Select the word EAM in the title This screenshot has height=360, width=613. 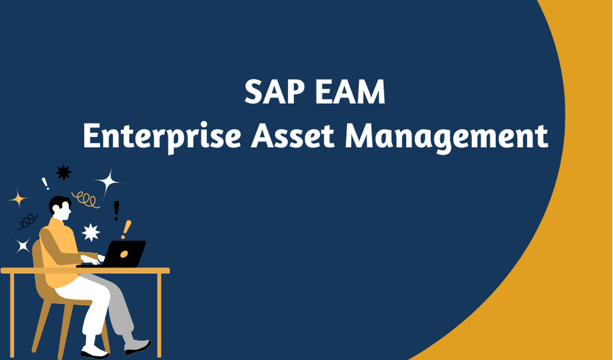[x=350, y=92]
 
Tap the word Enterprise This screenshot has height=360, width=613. [x=162, y=137]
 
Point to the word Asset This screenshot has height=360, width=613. [x=292, y=137]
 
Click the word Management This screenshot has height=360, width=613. [x=446, y=137]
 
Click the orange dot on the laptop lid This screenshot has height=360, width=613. [x=124, y=254]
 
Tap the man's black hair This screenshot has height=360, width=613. [x=59, y=203]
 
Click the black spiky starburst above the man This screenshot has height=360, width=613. [x=63, y=173]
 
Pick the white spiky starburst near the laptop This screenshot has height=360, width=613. [x=91, y=232]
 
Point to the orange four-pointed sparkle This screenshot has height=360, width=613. [x=18, y=200]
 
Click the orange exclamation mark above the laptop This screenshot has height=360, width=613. [x=126, y=229]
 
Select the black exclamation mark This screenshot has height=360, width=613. [x=116, y=211]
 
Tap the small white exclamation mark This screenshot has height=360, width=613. [x=45, y=184]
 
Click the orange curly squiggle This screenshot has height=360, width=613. [x=86, y=200]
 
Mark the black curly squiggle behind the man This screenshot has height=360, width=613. [x=27, y=221]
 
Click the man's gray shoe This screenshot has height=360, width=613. [x=137, y=346]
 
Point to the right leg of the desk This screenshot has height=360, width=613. [x=159, y=315]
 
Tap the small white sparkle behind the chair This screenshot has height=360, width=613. [x=22, y=246]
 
